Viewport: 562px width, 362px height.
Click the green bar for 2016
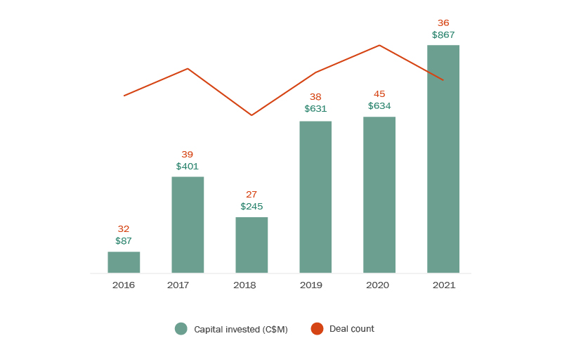[124, 262]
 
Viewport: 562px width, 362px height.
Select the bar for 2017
[188, 224]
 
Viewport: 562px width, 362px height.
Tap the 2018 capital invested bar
[251, 245]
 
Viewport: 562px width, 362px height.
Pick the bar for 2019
[315, 197]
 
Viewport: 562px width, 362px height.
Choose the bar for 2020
[379, 195]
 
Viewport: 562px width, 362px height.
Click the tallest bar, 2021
[443, 159]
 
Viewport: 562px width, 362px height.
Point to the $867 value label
[443, 34]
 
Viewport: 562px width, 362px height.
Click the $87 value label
[124, 241]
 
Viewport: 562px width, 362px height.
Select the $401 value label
[188, 167]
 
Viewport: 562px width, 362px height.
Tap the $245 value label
[251, 207]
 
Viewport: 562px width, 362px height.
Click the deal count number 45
[379, 94]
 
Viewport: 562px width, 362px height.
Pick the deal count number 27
[251, 195]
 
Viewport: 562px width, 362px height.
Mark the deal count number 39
[188, 155]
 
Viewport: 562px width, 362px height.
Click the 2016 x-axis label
[124, 285]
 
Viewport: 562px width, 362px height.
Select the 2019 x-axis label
[311, 285]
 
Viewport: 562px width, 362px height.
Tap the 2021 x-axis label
[444, 285]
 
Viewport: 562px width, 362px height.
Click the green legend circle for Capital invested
[181, 328]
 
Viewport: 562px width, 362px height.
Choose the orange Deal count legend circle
[317, 328]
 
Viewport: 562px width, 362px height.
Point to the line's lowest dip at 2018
[251, 115]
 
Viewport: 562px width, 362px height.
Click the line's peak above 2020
[379, 46]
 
